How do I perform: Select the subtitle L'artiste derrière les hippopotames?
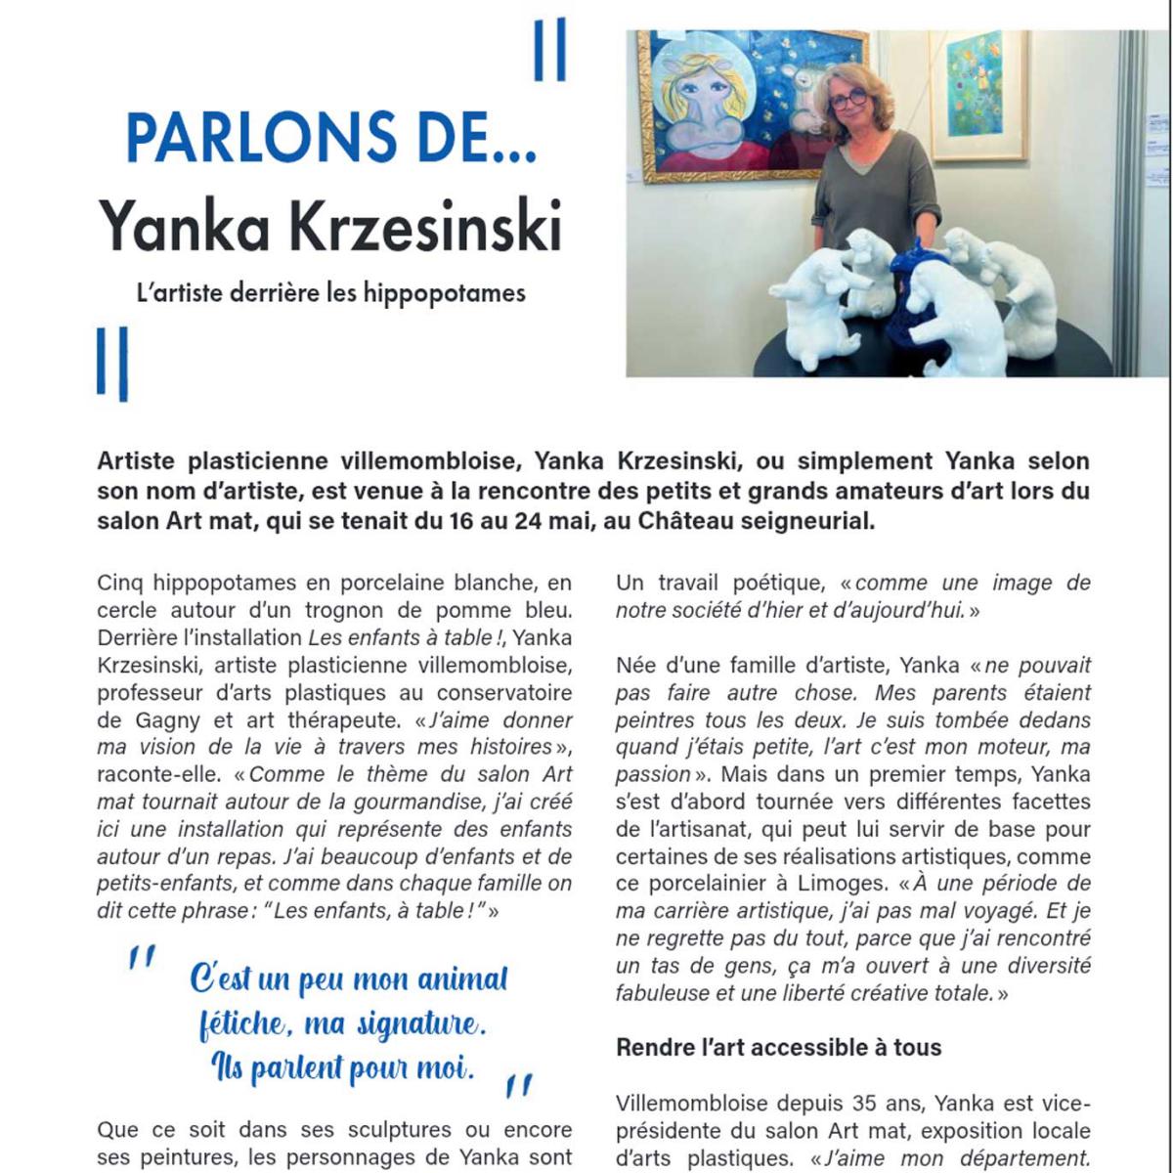330,292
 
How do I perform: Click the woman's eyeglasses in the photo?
847,98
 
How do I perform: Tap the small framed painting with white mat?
977,95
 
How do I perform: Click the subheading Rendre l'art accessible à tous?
778,1047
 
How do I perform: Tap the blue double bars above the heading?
549,51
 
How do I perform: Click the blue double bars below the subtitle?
112,363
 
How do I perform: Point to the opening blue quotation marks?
142,957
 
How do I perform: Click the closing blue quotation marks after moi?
519,1085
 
